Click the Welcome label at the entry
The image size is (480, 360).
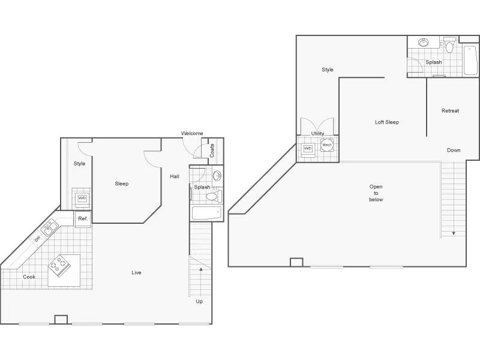tap(192, 133)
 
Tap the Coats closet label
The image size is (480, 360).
tap(212, 151)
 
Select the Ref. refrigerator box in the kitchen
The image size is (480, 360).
tap(83, 219)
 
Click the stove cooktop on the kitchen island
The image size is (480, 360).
tap(59, 264)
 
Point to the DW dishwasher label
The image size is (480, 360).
tap(37, 238)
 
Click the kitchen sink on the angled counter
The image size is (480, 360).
tap(50, 227)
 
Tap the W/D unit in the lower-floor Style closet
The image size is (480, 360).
tap(82, 198)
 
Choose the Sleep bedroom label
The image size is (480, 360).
tap(122, 184)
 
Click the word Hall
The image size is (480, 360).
tap(175, 176)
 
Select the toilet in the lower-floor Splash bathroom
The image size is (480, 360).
tap(214, 196)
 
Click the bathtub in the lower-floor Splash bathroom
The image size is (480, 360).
tap(206, 213)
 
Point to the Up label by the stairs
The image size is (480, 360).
tap(199, 302)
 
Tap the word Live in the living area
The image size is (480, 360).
tap(136, 272)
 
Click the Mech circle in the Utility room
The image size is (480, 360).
tap(327, 145)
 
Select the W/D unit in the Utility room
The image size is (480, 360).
tap(308, 149)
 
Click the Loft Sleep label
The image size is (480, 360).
tap(387, 122)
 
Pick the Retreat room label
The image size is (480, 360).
tap(451, 111)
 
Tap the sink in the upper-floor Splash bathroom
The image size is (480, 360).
tap(424, 43)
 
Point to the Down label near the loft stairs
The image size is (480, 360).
tap(454, 150)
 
